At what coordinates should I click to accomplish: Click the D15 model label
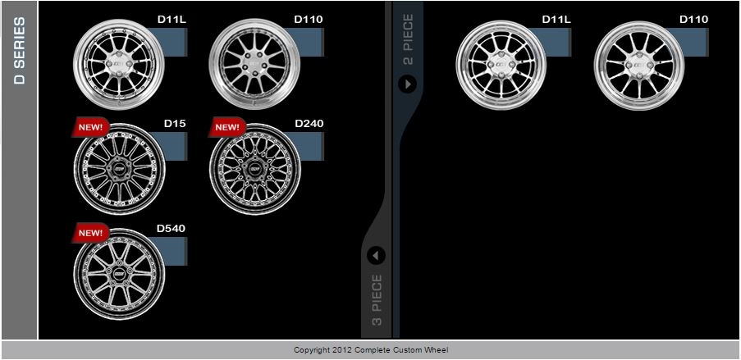pos(175,124)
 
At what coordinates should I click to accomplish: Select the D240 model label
pos(309,124)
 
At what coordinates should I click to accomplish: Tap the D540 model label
pos(171,229)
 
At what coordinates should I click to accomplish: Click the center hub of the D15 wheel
pos(120,169)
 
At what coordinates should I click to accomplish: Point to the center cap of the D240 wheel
pos(255,169)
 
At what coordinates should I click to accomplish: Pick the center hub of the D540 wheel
pos(120,275)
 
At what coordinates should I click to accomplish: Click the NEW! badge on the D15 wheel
pos(90,127)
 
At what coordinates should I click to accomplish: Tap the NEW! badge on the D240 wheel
pos(226,127)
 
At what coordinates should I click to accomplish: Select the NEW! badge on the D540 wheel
pos(90,233)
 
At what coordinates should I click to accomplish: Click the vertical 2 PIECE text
pos(408,39)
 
